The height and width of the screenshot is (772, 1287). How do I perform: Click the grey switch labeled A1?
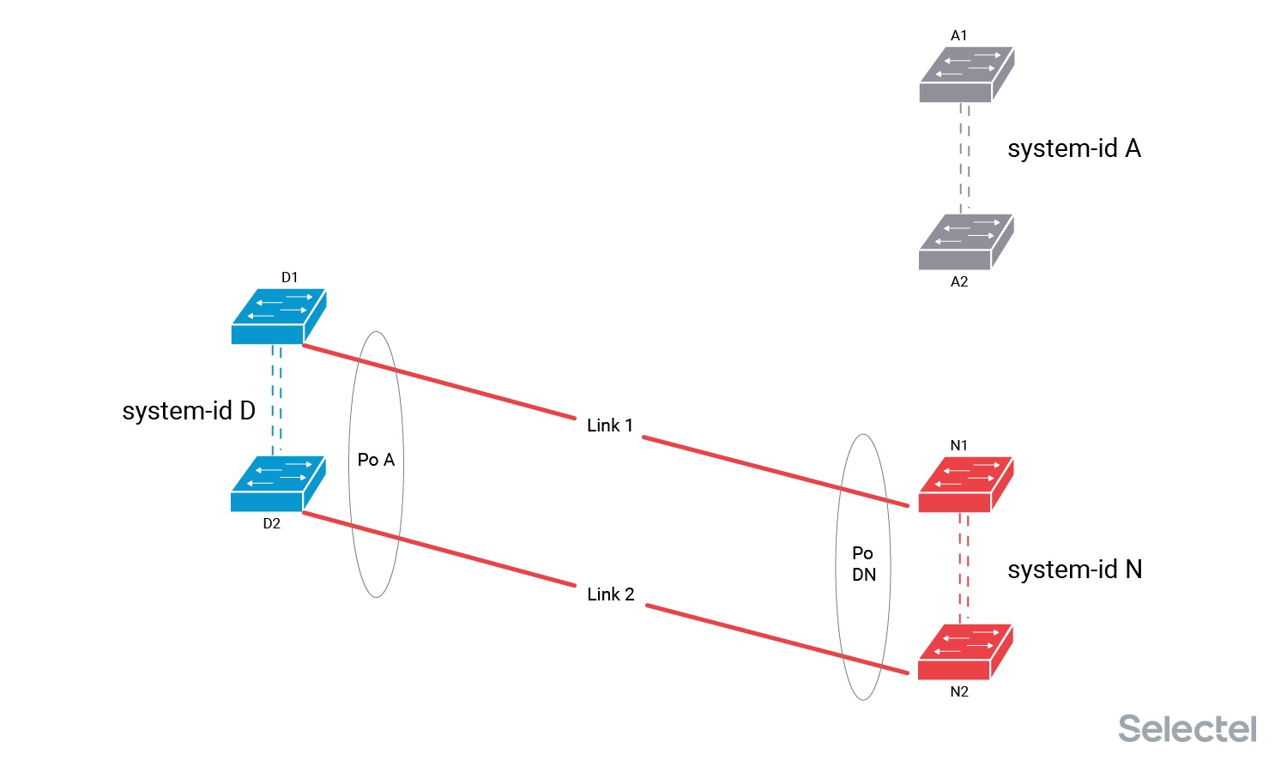967,75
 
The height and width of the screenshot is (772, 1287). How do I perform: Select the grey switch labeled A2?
966,242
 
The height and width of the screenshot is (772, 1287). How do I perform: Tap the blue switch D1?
278,317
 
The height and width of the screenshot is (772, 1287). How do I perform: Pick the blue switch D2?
278,484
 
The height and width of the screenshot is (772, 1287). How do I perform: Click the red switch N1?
966,485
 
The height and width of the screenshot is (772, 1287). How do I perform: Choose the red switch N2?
965,652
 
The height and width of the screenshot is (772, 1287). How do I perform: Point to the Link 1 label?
610,425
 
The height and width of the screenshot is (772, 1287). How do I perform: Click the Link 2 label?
611,594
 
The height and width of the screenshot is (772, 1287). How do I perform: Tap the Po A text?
376,460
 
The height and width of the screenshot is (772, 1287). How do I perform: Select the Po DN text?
863,564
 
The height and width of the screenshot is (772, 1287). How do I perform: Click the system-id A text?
1073,148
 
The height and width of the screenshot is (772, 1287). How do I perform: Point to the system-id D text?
189,411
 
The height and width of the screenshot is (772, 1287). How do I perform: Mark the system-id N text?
1074,570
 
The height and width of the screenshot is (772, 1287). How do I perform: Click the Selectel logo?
1187,728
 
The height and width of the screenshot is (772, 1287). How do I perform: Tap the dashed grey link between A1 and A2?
964,158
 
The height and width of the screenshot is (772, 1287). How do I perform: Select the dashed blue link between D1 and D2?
276,400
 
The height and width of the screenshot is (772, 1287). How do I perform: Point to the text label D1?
289,277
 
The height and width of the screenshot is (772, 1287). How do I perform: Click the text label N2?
959,691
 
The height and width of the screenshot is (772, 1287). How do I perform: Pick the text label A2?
959,281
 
